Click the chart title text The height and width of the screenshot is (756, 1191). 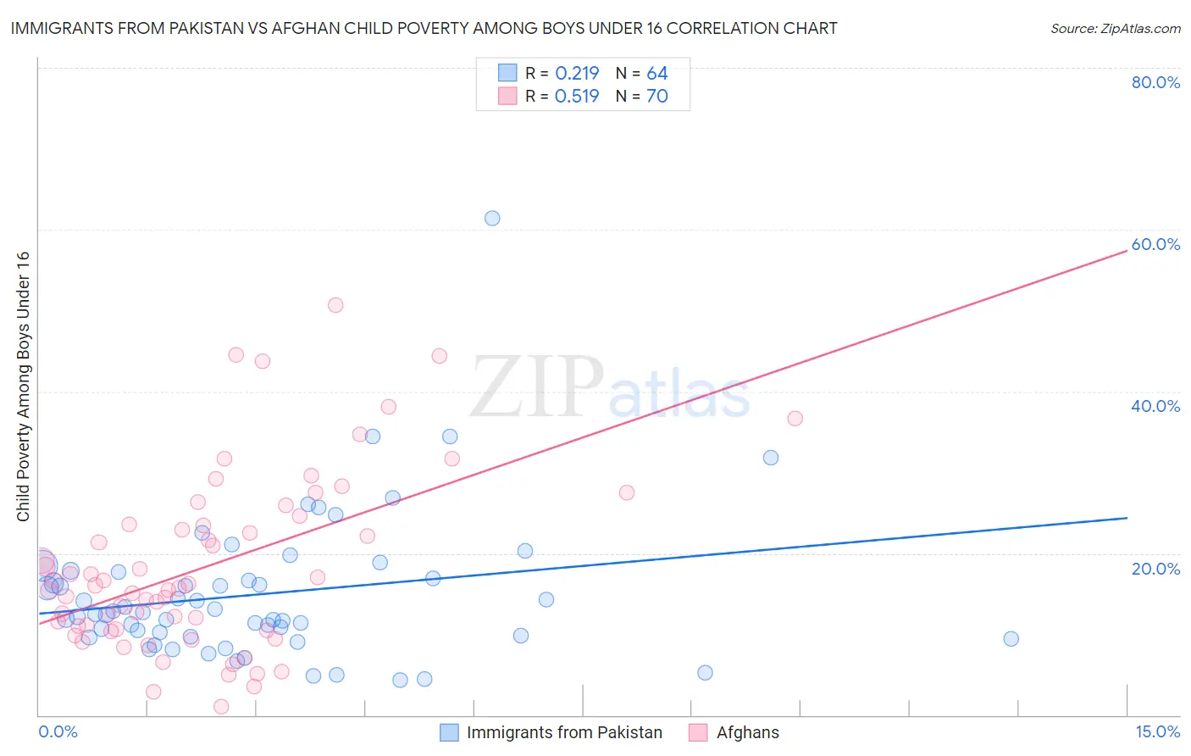pyautogui.click(x=424, y=28)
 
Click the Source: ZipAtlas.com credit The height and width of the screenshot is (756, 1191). pyautogui.click(x=1115, y=28)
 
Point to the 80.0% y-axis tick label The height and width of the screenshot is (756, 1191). pyautogui.click(x=1155, y=82)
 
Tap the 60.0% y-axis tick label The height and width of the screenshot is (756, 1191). pyautogui.click(x=1155, y=244)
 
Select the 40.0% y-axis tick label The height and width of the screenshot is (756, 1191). pyautogui.click(x=1155, y=406)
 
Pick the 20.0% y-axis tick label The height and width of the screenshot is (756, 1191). pyautogui.click(x=1155, y=569)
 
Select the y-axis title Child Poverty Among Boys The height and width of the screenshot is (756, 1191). pyautogui.click(x=23, y=386)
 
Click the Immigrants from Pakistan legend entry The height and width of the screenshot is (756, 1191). pyautogui.click(x=552, y=732)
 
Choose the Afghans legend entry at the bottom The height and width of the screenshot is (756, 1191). pyautogui.click(x=735, y=732)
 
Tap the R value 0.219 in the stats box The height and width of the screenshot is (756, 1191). pyautogui.click(x=577, y=74)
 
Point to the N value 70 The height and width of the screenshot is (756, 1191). pyautogui.click(x=657, y=97)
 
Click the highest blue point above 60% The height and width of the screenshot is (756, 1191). pyautogui.click(x=492, y=218)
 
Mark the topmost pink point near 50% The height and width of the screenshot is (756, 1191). pyautogui.click(x=335, y=305)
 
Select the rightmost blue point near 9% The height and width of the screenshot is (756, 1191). pyautogui.click(x=1011, y=639)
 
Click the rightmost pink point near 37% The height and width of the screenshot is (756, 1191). pyautogui.click(x=795, y=418)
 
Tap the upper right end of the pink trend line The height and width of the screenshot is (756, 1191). pyautogui.click(x=1126, y=252)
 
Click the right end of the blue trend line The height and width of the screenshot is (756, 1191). pyautogui.click(x=1126, y=518)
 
